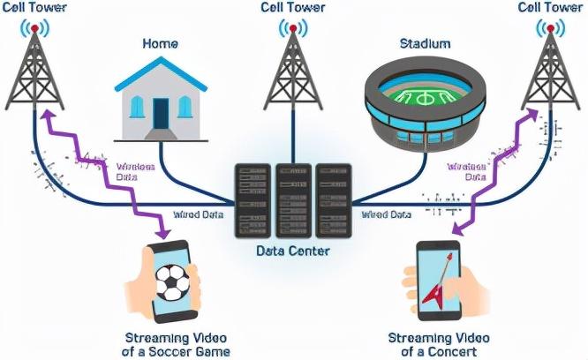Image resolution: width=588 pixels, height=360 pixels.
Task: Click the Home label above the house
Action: coord(160,43)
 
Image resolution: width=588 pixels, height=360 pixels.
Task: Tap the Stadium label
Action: coord(425,43)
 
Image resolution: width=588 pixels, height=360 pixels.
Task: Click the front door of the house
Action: coord(161,113)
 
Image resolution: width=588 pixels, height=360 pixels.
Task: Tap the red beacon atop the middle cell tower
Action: coord(291,28)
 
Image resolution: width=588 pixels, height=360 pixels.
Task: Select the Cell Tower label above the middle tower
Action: coord(292,8)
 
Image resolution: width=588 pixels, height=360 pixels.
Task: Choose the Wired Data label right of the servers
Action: coord(386,214)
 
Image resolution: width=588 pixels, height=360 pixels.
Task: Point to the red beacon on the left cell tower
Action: coord(35,28)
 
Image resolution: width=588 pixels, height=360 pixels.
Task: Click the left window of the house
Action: coord(136,107)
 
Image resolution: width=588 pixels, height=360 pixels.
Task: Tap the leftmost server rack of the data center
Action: coord(252,199)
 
